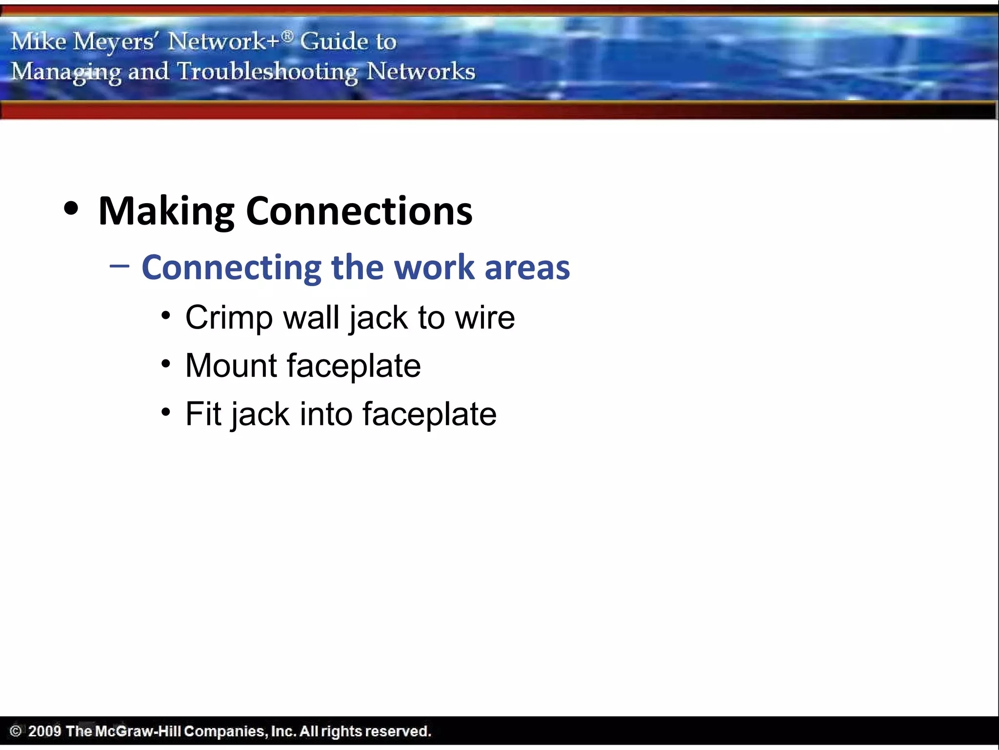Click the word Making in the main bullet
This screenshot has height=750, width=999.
point(166,211)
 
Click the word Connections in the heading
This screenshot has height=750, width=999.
point(359,211)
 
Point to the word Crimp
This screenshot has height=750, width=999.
point(229,318)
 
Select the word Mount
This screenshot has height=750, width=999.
point(231,366)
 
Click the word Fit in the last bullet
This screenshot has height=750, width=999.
point(203,414)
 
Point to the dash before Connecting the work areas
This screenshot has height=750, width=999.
point(120,266)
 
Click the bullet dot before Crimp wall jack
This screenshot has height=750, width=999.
point(166,315)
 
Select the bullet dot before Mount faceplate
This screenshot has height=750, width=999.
point(166,364)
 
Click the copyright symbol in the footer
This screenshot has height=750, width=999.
point(16,731)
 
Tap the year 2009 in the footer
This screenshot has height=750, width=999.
point(44,731)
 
